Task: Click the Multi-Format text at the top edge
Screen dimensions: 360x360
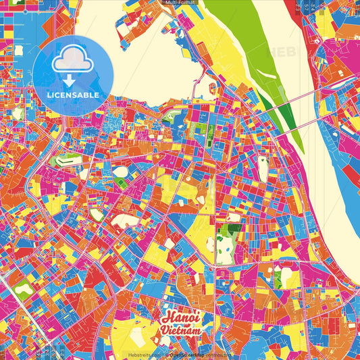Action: [x=180, y=3]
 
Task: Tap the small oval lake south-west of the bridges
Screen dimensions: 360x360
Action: [x=262, y=170]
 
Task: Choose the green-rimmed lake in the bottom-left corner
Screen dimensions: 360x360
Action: [x=22, y=290]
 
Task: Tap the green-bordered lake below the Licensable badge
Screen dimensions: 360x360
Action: [x=65, y=161]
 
